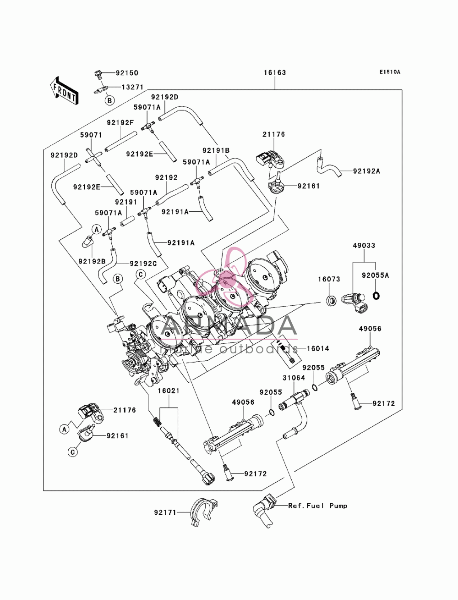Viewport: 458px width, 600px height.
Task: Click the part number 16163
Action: (x=275, y=73)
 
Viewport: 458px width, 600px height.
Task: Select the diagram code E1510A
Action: (x=390, y=72)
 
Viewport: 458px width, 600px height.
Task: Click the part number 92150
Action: (x=127, y=73)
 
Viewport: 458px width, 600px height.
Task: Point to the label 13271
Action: (x=132, y=87)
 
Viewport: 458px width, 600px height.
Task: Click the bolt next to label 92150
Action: (x=98, y=74)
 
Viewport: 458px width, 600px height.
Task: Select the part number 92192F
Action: (x=120, y=122)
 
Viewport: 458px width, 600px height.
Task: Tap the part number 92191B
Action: (x=216, y=151)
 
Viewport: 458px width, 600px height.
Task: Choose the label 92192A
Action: (x=366, y=171)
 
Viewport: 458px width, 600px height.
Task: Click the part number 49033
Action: (x=364, y=246)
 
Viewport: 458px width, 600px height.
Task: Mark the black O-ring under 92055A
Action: (x=376, y=296)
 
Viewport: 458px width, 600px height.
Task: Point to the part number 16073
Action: (x=329, y=279)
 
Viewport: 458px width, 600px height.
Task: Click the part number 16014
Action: (x=318, y=348)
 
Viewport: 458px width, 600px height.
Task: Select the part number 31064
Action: (x=294, y=378)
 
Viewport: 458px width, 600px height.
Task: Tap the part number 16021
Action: (x=169, y=391)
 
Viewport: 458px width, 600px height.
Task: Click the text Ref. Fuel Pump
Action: (x=318, y=506)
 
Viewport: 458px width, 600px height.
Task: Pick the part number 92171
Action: (x=165, y=512)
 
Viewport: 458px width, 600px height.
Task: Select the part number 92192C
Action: (x=143, y=264)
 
